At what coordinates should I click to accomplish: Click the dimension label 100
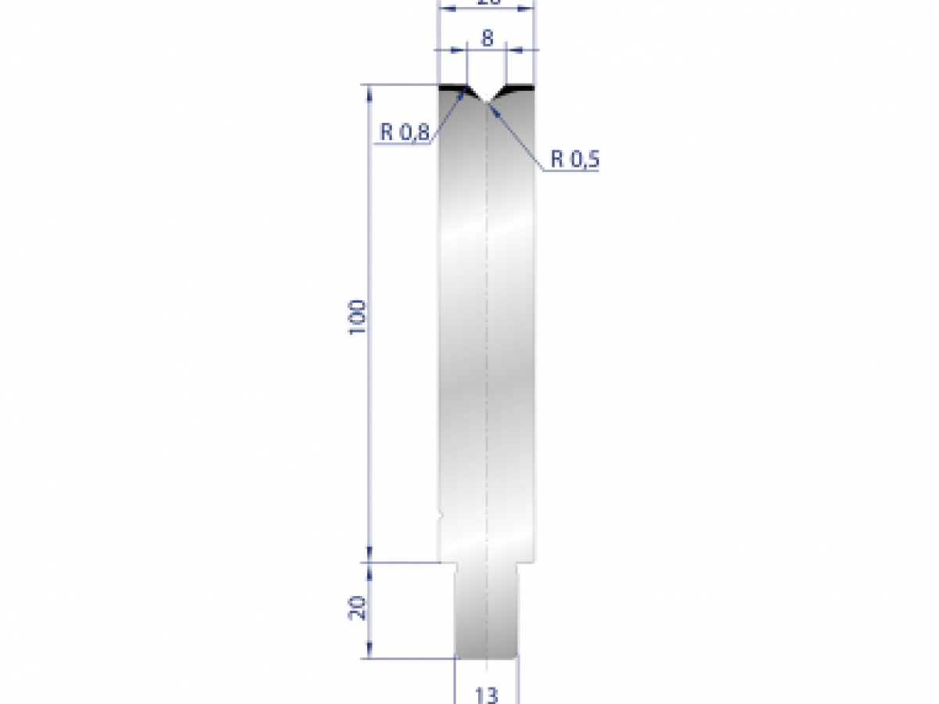click(x=357, y=317)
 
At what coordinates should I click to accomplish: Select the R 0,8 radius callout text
click(x=405, y=133)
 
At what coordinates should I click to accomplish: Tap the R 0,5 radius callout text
click(x=574, y=160)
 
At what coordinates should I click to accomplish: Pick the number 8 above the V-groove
click(x=487, y=38)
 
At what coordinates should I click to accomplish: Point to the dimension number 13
click(x=487, y=694)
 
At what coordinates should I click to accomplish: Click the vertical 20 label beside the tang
click(x=357, y=607)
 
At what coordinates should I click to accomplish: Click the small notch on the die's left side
click(x=440, y=515)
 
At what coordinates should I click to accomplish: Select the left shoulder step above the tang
click(x=448, y=562)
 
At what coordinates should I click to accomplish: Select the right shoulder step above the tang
click(x=526, y=562)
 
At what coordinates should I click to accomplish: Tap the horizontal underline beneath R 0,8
click(x=402, y=144)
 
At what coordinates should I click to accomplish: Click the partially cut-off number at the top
click(x=487, y=3)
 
